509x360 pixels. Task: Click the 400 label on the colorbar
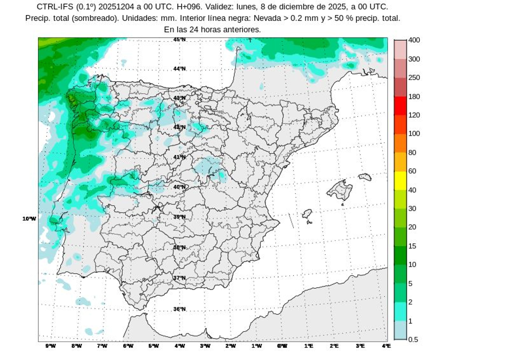tap(414, 40)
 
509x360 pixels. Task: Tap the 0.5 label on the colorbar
tap(413, 339)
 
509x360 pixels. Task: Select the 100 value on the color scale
tap(414, 134)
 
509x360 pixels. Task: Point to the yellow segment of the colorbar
tap(400, 181)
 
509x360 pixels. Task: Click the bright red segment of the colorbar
tap(400, 106)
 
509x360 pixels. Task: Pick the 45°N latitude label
tap(179, 39)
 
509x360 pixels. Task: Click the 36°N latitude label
tap(179, 309)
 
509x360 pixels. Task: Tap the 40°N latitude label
tap(179, 187)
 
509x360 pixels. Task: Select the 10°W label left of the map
tap(29, 218)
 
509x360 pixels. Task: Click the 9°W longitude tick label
tap(51, 346)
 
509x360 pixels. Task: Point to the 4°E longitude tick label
tap(386, 346)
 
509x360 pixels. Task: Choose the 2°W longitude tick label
tap(231, 346)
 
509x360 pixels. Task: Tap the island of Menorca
tap(365, 177)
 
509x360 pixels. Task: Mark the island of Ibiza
tap(307, 214)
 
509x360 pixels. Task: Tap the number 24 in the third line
tap(194, 30)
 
